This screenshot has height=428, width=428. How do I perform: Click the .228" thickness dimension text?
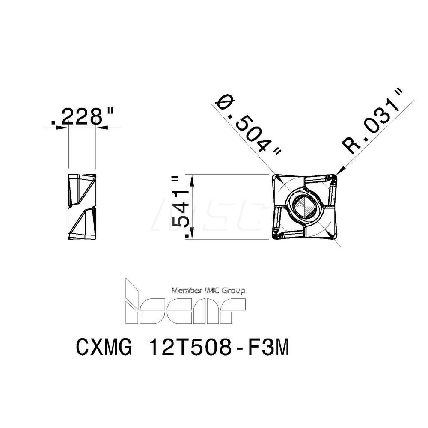tap(82, 116)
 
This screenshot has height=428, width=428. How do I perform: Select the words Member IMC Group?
tap(208, 291)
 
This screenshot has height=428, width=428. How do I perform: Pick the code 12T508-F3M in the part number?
tap(218, 348)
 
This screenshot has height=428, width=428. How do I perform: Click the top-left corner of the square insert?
tap(275, 176)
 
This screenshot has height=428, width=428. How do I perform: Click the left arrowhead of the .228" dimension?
tap(65, 127)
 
